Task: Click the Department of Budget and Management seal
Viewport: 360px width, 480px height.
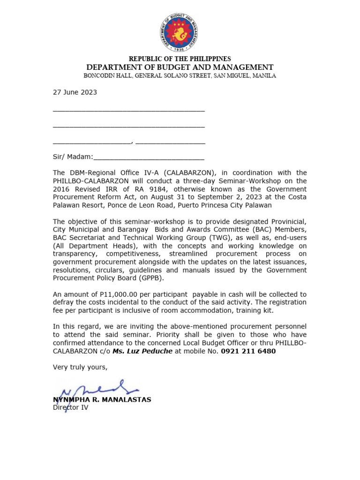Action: (180, 33)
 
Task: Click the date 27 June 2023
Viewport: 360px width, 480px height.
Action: (75, 92)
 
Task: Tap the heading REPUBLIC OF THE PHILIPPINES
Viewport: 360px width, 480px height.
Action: (180, 59)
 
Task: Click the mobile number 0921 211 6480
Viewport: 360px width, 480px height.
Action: (248, 351)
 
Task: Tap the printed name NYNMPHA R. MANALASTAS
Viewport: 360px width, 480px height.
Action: (102, 400)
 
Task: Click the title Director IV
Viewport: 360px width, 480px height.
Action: (70, 408)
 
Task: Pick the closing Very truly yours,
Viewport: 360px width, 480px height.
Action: (80, 367)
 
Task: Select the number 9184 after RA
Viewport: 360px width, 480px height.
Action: (124, 189)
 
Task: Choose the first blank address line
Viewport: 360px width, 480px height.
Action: (129, 110)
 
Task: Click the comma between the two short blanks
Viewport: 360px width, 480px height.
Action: (133, 142)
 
